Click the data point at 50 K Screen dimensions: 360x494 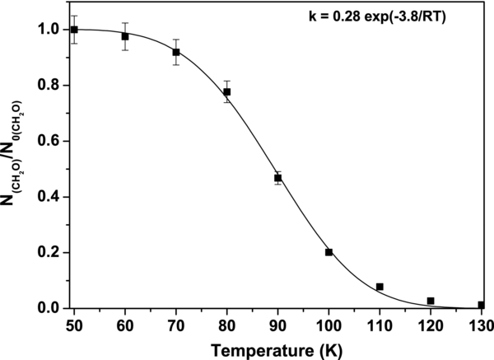pyautogui.click(x=74, y=30)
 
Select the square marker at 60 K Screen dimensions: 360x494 pyautogui.click(x=125, y=36)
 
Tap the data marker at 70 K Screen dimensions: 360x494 pyautogui.click(x=176, y=52)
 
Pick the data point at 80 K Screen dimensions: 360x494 pyautogui.click(x=227, y=91)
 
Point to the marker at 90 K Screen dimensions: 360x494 pyautogui.click(x=278, y=177)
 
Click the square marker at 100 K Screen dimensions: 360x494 pyautogui.click(x=329, y=252)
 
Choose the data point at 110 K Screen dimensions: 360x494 pyautogui.click(x=380, y=287)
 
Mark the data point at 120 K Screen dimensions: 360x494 pyautogui.click(x=431, y=301)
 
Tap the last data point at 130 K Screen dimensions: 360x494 pyautogui.click(x=481, y=305)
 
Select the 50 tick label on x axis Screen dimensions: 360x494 pyautogui.click(x=74, y=324)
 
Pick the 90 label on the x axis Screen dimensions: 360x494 pyautogui.click(x=278, y=324)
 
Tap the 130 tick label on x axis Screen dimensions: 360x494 pyautogui.click(x=480, y=324)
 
